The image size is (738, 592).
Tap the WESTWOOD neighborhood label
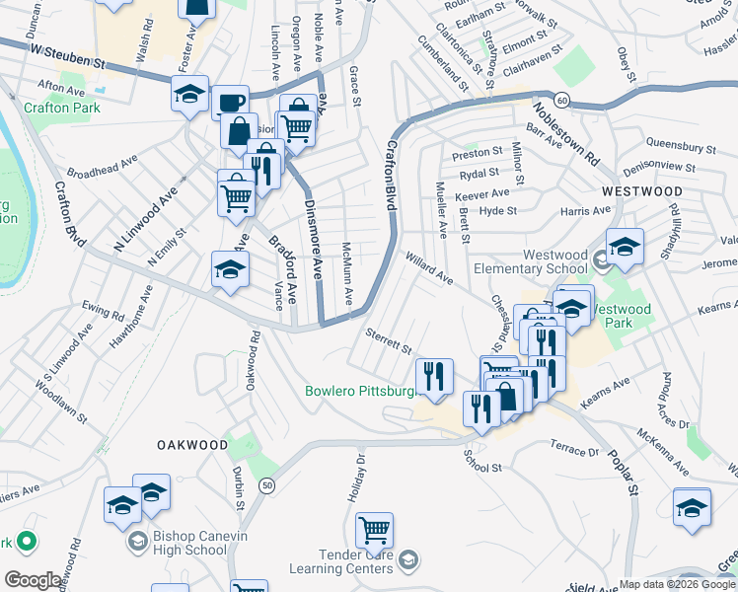(642, 190)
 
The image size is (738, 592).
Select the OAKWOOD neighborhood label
(192, 445)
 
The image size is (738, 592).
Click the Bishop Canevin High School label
(190, 543)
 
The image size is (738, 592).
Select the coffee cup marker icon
(231, 103)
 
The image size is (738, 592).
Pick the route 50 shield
(267, 484)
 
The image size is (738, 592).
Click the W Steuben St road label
(67, 54)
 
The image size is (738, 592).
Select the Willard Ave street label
(428, 268)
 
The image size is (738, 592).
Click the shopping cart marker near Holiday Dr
(374, 530)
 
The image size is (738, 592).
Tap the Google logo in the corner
(33, 580)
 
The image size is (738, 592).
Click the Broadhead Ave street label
(103, 170)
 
